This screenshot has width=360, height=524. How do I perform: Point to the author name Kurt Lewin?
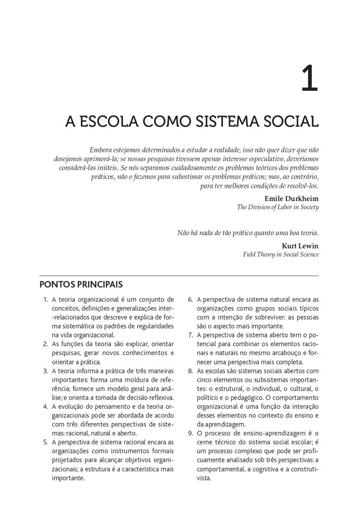300,245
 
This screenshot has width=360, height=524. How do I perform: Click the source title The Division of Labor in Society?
278,207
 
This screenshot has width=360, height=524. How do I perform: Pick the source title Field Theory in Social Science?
281,254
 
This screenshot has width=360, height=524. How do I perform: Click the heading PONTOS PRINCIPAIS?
81,285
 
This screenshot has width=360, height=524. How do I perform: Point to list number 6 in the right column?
191,300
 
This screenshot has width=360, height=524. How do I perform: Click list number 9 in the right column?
191,433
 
